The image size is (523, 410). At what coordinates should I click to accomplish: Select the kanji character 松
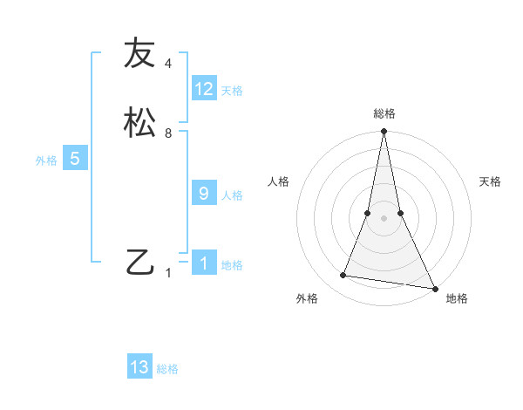(x=139, y=121)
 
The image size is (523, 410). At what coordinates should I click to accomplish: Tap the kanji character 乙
(x=139, y=261)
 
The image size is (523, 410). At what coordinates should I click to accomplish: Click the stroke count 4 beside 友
(x=168, y=64)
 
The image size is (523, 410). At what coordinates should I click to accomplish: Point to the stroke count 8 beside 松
(x=168, y=133)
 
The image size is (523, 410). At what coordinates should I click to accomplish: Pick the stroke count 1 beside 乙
(x=168, y=273)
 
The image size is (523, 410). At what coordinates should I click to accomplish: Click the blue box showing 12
(x=204, y=89)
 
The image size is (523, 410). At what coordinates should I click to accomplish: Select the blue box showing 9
(x=204, y=194)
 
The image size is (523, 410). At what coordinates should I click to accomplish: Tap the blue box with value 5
(x=75, y=159)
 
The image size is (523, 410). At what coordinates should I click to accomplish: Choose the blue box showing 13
(x=139, y=367)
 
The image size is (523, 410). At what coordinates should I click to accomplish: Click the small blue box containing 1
(x=204, y=263)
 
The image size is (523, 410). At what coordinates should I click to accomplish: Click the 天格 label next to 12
(x=232, y=91)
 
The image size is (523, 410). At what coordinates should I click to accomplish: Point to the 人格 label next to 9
(x=232, y=195)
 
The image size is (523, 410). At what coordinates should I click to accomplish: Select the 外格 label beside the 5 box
(x=46, y=161)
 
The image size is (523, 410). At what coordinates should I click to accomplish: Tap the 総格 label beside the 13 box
(x=167, y=369)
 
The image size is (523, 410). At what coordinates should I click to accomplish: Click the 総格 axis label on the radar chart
(x=384, y=113)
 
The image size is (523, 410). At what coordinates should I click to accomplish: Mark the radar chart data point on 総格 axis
(x=384, y=132)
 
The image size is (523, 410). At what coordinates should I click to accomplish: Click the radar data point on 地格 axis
(x=434, y=288)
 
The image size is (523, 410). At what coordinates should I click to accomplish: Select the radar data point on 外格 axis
(x=343, y=276)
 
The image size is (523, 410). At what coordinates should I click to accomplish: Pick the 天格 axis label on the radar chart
(x=490, y=181)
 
